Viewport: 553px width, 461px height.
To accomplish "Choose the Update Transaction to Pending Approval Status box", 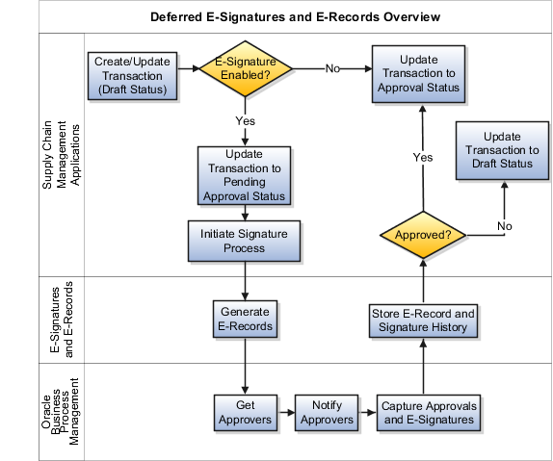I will pos(244,175).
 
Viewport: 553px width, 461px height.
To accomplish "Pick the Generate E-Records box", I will pos(246,319).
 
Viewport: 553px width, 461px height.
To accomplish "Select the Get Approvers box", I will pos(246,412).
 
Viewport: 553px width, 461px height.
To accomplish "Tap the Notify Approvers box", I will pos(321,412).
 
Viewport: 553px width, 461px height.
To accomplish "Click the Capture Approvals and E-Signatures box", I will pos(426,412).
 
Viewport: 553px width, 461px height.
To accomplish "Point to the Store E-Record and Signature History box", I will pos(423,320).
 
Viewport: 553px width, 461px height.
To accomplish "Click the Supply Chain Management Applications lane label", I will pos(61,154).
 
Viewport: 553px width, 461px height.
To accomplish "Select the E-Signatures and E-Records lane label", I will pos(61,319).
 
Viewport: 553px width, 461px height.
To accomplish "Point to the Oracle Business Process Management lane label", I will pos(61,411).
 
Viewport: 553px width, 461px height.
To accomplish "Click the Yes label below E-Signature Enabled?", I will pos(244,121).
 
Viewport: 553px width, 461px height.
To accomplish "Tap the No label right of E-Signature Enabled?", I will pos(332,69).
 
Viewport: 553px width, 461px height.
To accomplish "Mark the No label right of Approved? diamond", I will pos(503,226).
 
